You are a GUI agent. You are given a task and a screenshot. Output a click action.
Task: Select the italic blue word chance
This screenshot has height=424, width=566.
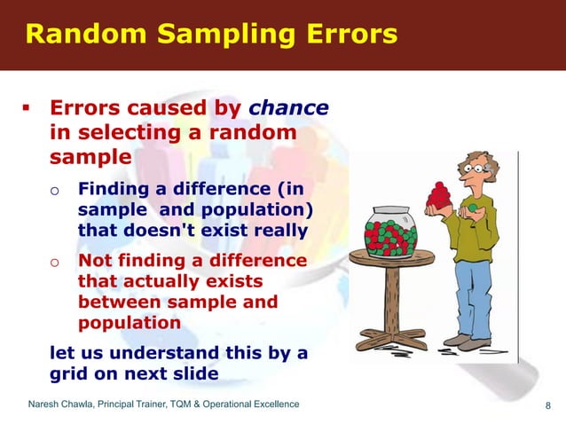[x=288, y=108]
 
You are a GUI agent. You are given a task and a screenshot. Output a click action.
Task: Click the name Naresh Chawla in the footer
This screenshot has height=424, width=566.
[x=67, y=405]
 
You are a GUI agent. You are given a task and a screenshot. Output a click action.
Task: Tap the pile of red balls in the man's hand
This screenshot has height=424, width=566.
[x=438, y=194]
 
